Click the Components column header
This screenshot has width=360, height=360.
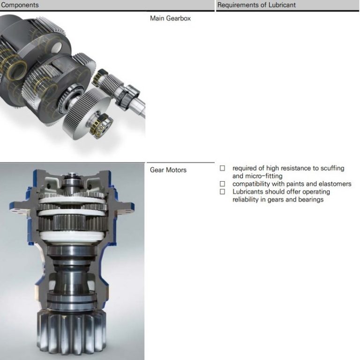(x=20, y=5)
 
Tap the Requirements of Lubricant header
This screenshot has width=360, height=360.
(x=256, y=5)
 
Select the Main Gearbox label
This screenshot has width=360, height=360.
(x=170, y=18)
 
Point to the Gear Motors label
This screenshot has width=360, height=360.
(x=168, y=170)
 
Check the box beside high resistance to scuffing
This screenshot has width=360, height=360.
(x=222, y=168)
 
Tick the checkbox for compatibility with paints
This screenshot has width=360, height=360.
(x=222, y=184)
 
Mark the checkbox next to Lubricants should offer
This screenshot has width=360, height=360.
(x=222, y=191)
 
